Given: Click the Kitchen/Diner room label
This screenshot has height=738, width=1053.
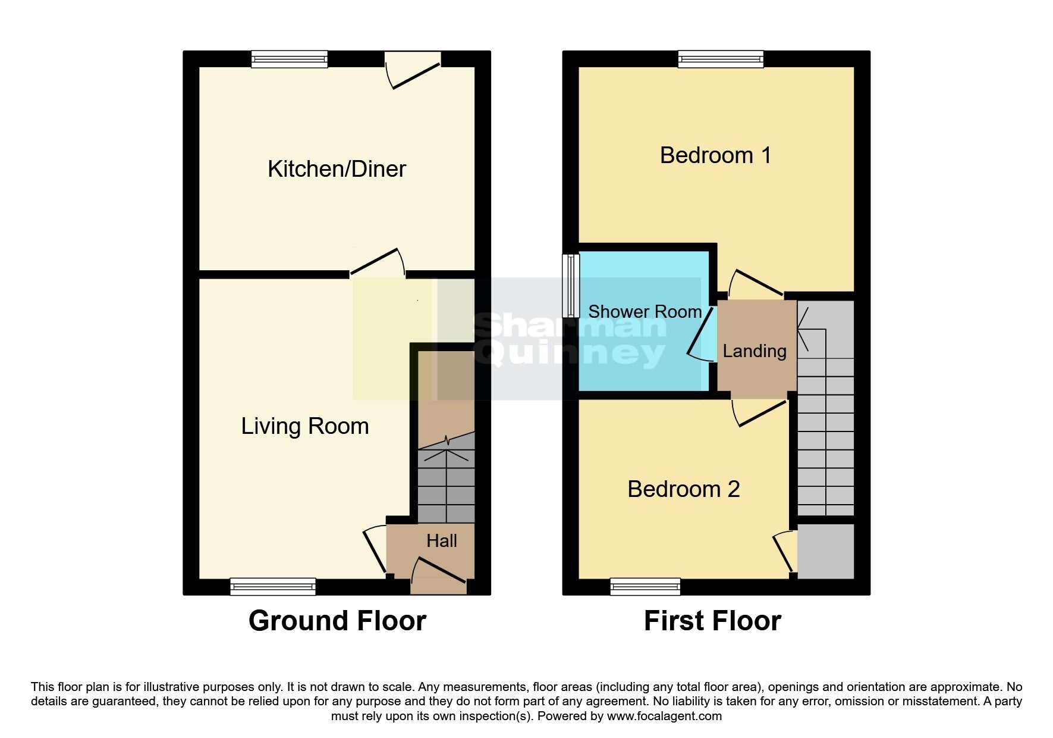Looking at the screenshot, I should pos(337,169).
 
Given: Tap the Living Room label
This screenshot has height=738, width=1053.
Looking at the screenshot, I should pos(304,426).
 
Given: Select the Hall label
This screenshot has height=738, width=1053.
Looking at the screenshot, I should pos(441,540).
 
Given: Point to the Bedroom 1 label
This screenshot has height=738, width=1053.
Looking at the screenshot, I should pos(715,155).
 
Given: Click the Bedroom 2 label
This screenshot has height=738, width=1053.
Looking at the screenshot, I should pos(683,489).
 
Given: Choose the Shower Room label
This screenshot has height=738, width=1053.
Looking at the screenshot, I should pos(645,311).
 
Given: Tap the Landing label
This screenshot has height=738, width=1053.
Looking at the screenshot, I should pos(754,351).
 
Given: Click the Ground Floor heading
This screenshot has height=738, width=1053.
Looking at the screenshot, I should pos(337,621).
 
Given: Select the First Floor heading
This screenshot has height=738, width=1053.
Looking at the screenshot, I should pos(712,621).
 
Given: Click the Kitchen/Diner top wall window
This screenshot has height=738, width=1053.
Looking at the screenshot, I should pos(289,59).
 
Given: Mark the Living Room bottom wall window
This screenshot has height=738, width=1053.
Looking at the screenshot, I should pos(273,586).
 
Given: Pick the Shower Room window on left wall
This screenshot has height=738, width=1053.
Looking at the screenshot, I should pos(571,286).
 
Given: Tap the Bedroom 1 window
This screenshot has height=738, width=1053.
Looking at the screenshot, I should pos(721,59).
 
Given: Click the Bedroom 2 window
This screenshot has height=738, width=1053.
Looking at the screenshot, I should pos(645,586).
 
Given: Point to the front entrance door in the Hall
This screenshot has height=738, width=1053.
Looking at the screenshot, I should pos(439,571).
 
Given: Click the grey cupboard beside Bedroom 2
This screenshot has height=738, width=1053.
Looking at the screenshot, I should pos(825,551).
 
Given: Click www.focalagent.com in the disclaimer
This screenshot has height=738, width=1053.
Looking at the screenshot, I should pos(664,716).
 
